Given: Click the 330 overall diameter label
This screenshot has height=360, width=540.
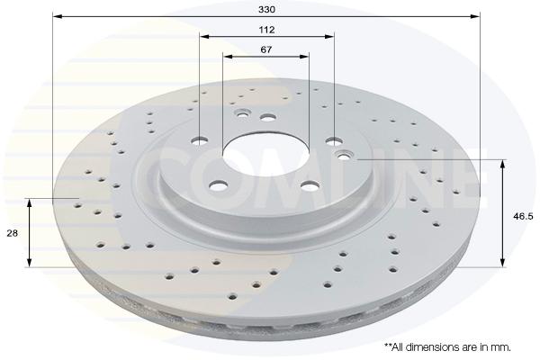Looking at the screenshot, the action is (x=267, y=9).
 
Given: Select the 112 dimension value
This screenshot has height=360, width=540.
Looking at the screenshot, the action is (x=267, y=30).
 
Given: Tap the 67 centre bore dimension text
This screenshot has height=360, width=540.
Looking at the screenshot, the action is (x=265, y=49).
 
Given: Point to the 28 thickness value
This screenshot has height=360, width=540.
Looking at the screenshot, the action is (x=13, y=233).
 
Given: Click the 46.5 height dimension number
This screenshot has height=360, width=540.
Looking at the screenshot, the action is (x=523, y=216).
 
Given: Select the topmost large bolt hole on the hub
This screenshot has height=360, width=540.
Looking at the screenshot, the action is (x=268, y=118).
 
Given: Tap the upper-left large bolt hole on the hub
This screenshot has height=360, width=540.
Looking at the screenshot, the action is (x=200, y=140).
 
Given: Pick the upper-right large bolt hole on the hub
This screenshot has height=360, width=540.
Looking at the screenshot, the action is (x=334, y=140).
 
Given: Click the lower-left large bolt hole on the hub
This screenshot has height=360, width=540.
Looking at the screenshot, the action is (x=219, y=186).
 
